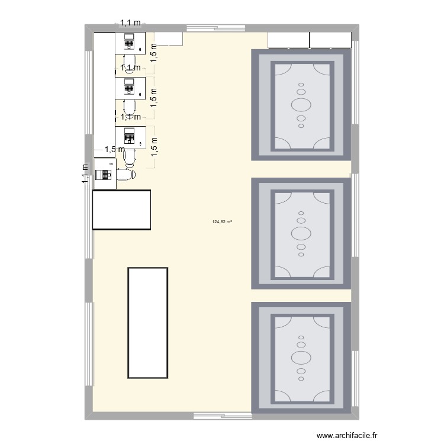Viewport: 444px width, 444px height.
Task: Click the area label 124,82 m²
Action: point(222,222)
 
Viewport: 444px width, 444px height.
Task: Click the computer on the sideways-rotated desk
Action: point(105,175)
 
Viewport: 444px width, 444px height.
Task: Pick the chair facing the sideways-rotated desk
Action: point(127,175)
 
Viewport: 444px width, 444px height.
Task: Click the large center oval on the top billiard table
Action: point(301,105)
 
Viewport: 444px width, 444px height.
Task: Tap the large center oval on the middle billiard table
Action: point(301,232)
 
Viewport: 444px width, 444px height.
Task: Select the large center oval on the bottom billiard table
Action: point(301,358)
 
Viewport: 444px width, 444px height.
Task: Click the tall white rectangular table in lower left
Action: point(148,323)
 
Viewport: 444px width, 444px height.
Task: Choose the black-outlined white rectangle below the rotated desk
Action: point(122,209)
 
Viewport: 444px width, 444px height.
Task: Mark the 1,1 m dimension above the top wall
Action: point(131,24)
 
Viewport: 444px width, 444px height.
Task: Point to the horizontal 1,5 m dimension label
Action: point(114,150)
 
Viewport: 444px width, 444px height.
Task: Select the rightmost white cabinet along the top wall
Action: point(330,40)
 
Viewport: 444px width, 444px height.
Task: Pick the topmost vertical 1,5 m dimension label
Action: point(154,52)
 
